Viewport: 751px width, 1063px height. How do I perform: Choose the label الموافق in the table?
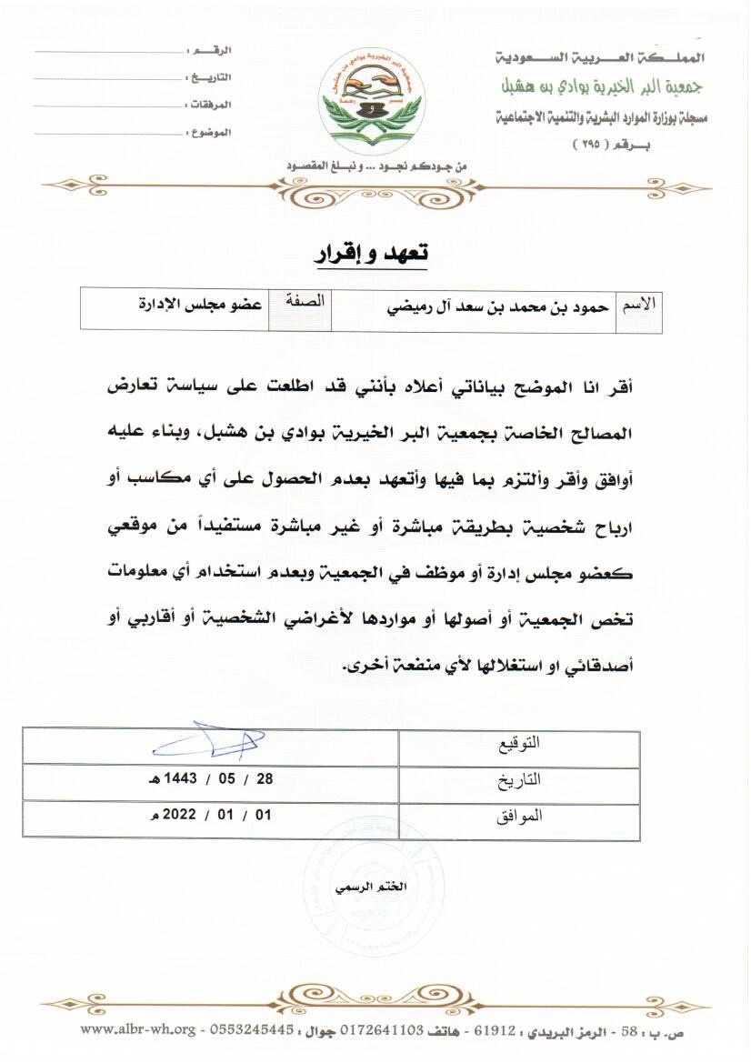pyautogui.click(x=521, y=816)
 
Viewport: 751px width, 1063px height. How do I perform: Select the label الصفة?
pyautogui.click(x=306, y=303)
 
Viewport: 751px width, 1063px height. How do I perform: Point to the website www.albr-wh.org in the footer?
pyautogui.click(x=138, y=1029)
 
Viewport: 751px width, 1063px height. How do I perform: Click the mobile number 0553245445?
pyautogui.click(x=252, y=1029)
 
